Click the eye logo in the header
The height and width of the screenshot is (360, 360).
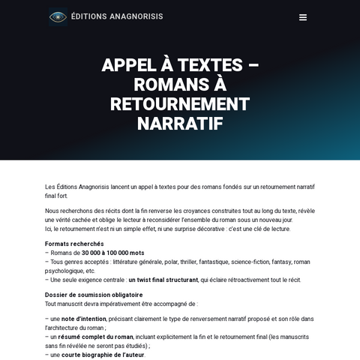[x=58, y=16]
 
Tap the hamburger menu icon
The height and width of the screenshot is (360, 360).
[x=302, y=17]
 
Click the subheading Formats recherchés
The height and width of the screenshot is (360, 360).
[x=74, y=244]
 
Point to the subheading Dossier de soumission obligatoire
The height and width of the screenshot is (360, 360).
[x=94, y=295]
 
